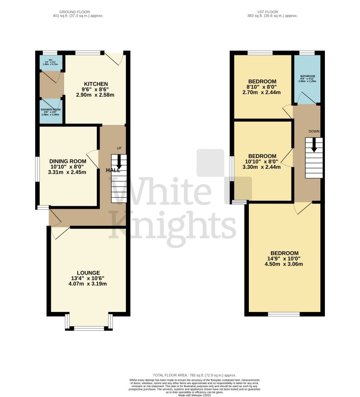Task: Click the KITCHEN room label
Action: point(95,84)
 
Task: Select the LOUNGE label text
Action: point(88,273)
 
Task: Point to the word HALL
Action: point(113,170)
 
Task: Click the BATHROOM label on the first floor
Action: point(308,77)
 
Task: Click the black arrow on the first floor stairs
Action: point(314,145)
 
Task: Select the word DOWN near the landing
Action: point(314,131)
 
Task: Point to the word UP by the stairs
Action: point(119,148)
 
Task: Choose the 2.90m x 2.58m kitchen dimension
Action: point(95,95)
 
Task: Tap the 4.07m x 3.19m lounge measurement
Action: point(88,284)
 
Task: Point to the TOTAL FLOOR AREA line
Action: point(194,375)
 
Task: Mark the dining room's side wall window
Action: point(38,169)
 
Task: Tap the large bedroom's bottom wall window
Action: point(283,313)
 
